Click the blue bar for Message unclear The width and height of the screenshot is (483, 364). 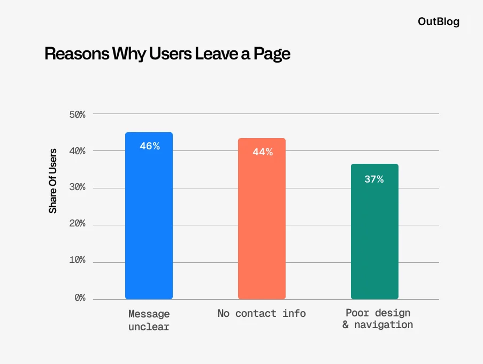(149, 225)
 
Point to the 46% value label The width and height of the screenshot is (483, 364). (150, 146)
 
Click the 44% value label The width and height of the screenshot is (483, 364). (263, 152)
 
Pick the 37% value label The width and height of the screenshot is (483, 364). (374, 179)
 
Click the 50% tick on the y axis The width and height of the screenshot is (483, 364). (78, 115)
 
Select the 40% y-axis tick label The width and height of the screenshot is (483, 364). (78, 151)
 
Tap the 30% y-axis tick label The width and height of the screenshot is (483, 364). (78, 187)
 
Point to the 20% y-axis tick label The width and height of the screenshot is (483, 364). (78, 224)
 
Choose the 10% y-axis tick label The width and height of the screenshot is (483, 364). (78, 260)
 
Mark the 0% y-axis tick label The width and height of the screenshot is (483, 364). (80, 298)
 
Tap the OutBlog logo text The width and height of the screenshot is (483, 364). (438, 22)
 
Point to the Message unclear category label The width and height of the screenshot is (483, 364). (149, 320)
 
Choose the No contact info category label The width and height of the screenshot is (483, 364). (262, 314)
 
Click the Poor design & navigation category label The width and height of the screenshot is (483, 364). (378, 319)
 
